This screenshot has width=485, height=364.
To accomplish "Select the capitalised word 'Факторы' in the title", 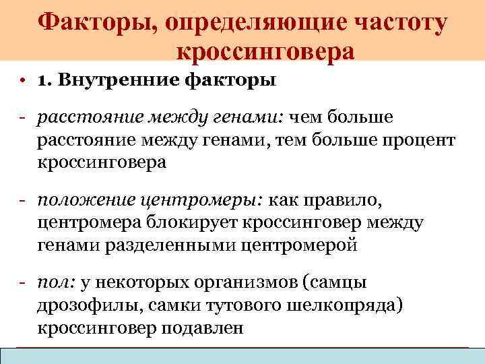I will tap(94, 24).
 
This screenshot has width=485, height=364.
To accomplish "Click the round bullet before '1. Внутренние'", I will tap(23, 82).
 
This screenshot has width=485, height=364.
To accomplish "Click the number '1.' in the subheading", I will tap(45, 81).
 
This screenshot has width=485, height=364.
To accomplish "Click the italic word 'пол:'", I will tap(53, 284).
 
